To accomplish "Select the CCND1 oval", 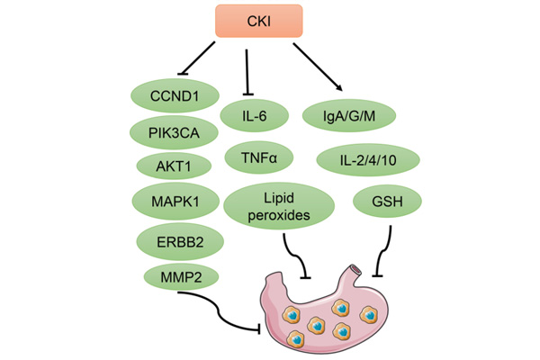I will pos(174,94).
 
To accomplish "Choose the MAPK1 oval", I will pos(174,201).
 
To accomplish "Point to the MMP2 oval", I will pos(174,275).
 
